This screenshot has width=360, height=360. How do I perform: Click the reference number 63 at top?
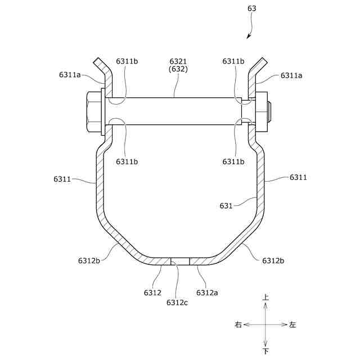[251, 8]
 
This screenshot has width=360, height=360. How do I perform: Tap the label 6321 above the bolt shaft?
[178, 61]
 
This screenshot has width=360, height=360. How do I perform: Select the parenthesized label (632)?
[178, 69]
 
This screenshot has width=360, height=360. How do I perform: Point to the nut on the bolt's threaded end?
[262, 112]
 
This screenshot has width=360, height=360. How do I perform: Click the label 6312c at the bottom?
[177, 303]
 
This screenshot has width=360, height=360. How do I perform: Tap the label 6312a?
[207, 292]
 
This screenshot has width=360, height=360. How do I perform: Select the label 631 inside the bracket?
[226, 206]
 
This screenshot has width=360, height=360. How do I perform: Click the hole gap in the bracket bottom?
[180, 261]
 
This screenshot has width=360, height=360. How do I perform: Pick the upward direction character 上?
[265, 298]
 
